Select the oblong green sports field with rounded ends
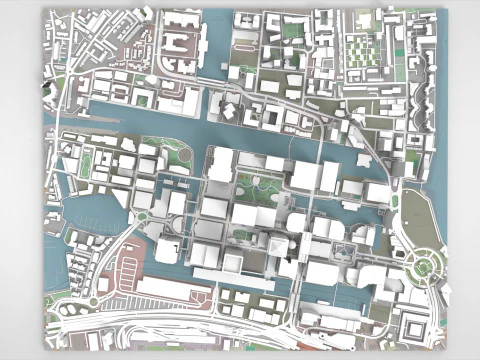pos(86,163)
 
